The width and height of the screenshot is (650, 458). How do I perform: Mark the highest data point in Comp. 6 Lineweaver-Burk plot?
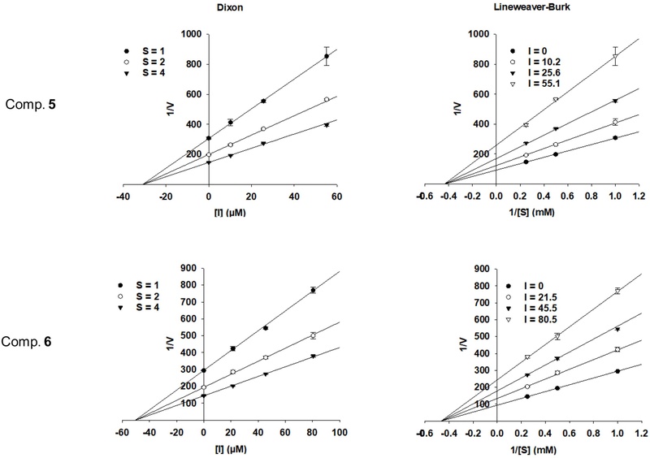(x=617, y=291)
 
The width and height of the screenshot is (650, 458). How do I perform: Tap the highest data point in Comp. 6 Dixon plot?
(x=312, y=290)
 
